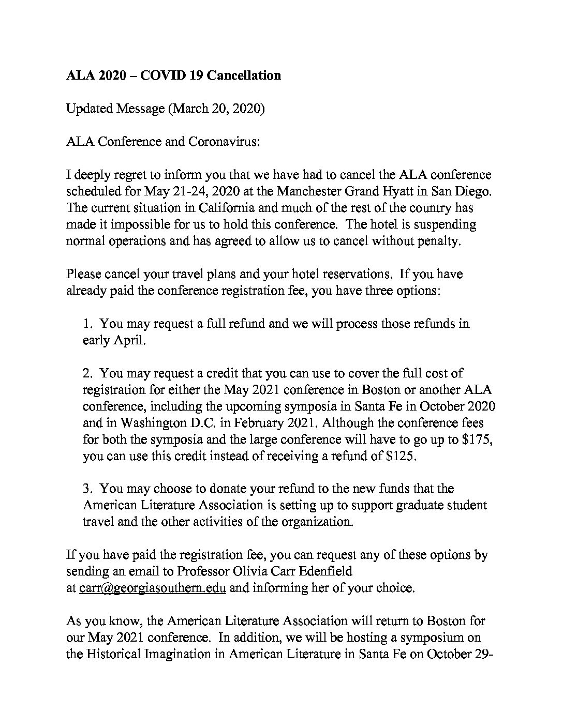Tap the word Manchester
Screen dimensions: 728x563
coord(307,191)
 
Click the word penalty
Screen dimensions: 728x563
coord(436,241)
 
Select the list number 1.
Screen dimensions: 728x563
coord(87,324)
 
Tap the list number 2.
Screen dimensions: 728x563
coord(87,373)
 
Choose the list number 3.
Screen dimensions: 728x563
coord(87,489)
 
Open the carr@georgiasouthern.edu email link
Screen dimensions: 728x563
coord(152,588)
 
